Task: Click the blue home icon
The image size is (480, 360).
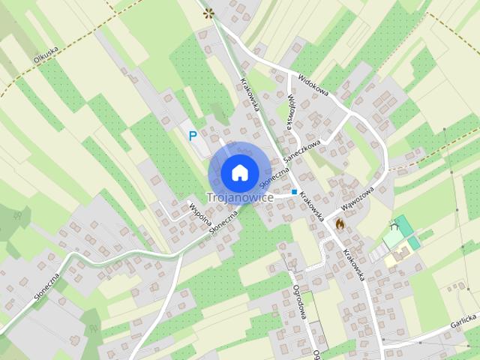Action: tap(239, 172)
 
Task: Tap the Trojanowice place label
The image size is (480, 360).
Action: tap(239, 197)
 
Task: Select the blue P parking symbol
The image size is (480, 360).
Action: tap(193, 136)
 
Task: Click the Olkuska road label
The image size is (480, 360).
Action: tap(46, 58)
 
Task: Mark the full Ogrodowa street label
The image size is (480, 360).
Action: tap(300, 304)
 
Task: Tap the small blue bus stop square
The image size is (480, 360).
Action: tap(294, 192)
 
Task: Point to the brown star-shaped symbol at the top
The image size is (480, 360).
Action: tap(208, 12)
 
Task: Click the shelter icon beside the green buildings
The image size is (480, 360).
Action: tap(394, 227)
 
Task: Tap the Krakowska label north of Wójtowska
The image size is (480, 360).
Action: tap(249, 94)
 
